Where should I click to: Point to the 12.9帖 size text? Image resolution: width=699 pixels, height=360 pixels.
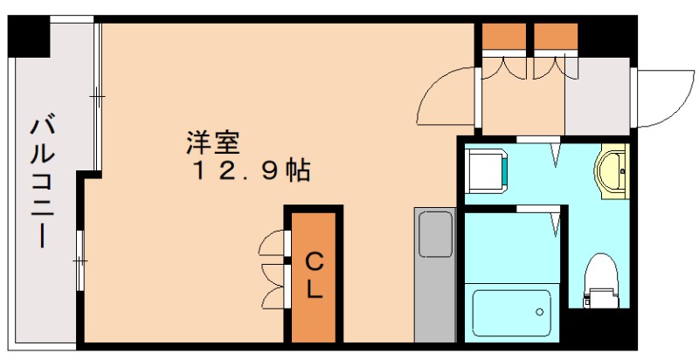coord(249,170)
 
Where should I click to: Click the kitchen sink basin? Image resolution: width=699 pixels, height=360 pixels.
coord(434,235)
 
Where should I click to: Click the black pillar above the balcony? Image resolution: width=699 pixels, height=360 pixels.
coord(29,36)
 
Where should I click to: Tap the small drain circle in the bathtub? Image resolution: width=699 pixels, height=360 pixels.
coord(542,310)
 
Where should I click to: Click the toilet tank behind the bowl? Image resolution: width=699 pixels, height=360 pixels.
coord(600,300)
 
